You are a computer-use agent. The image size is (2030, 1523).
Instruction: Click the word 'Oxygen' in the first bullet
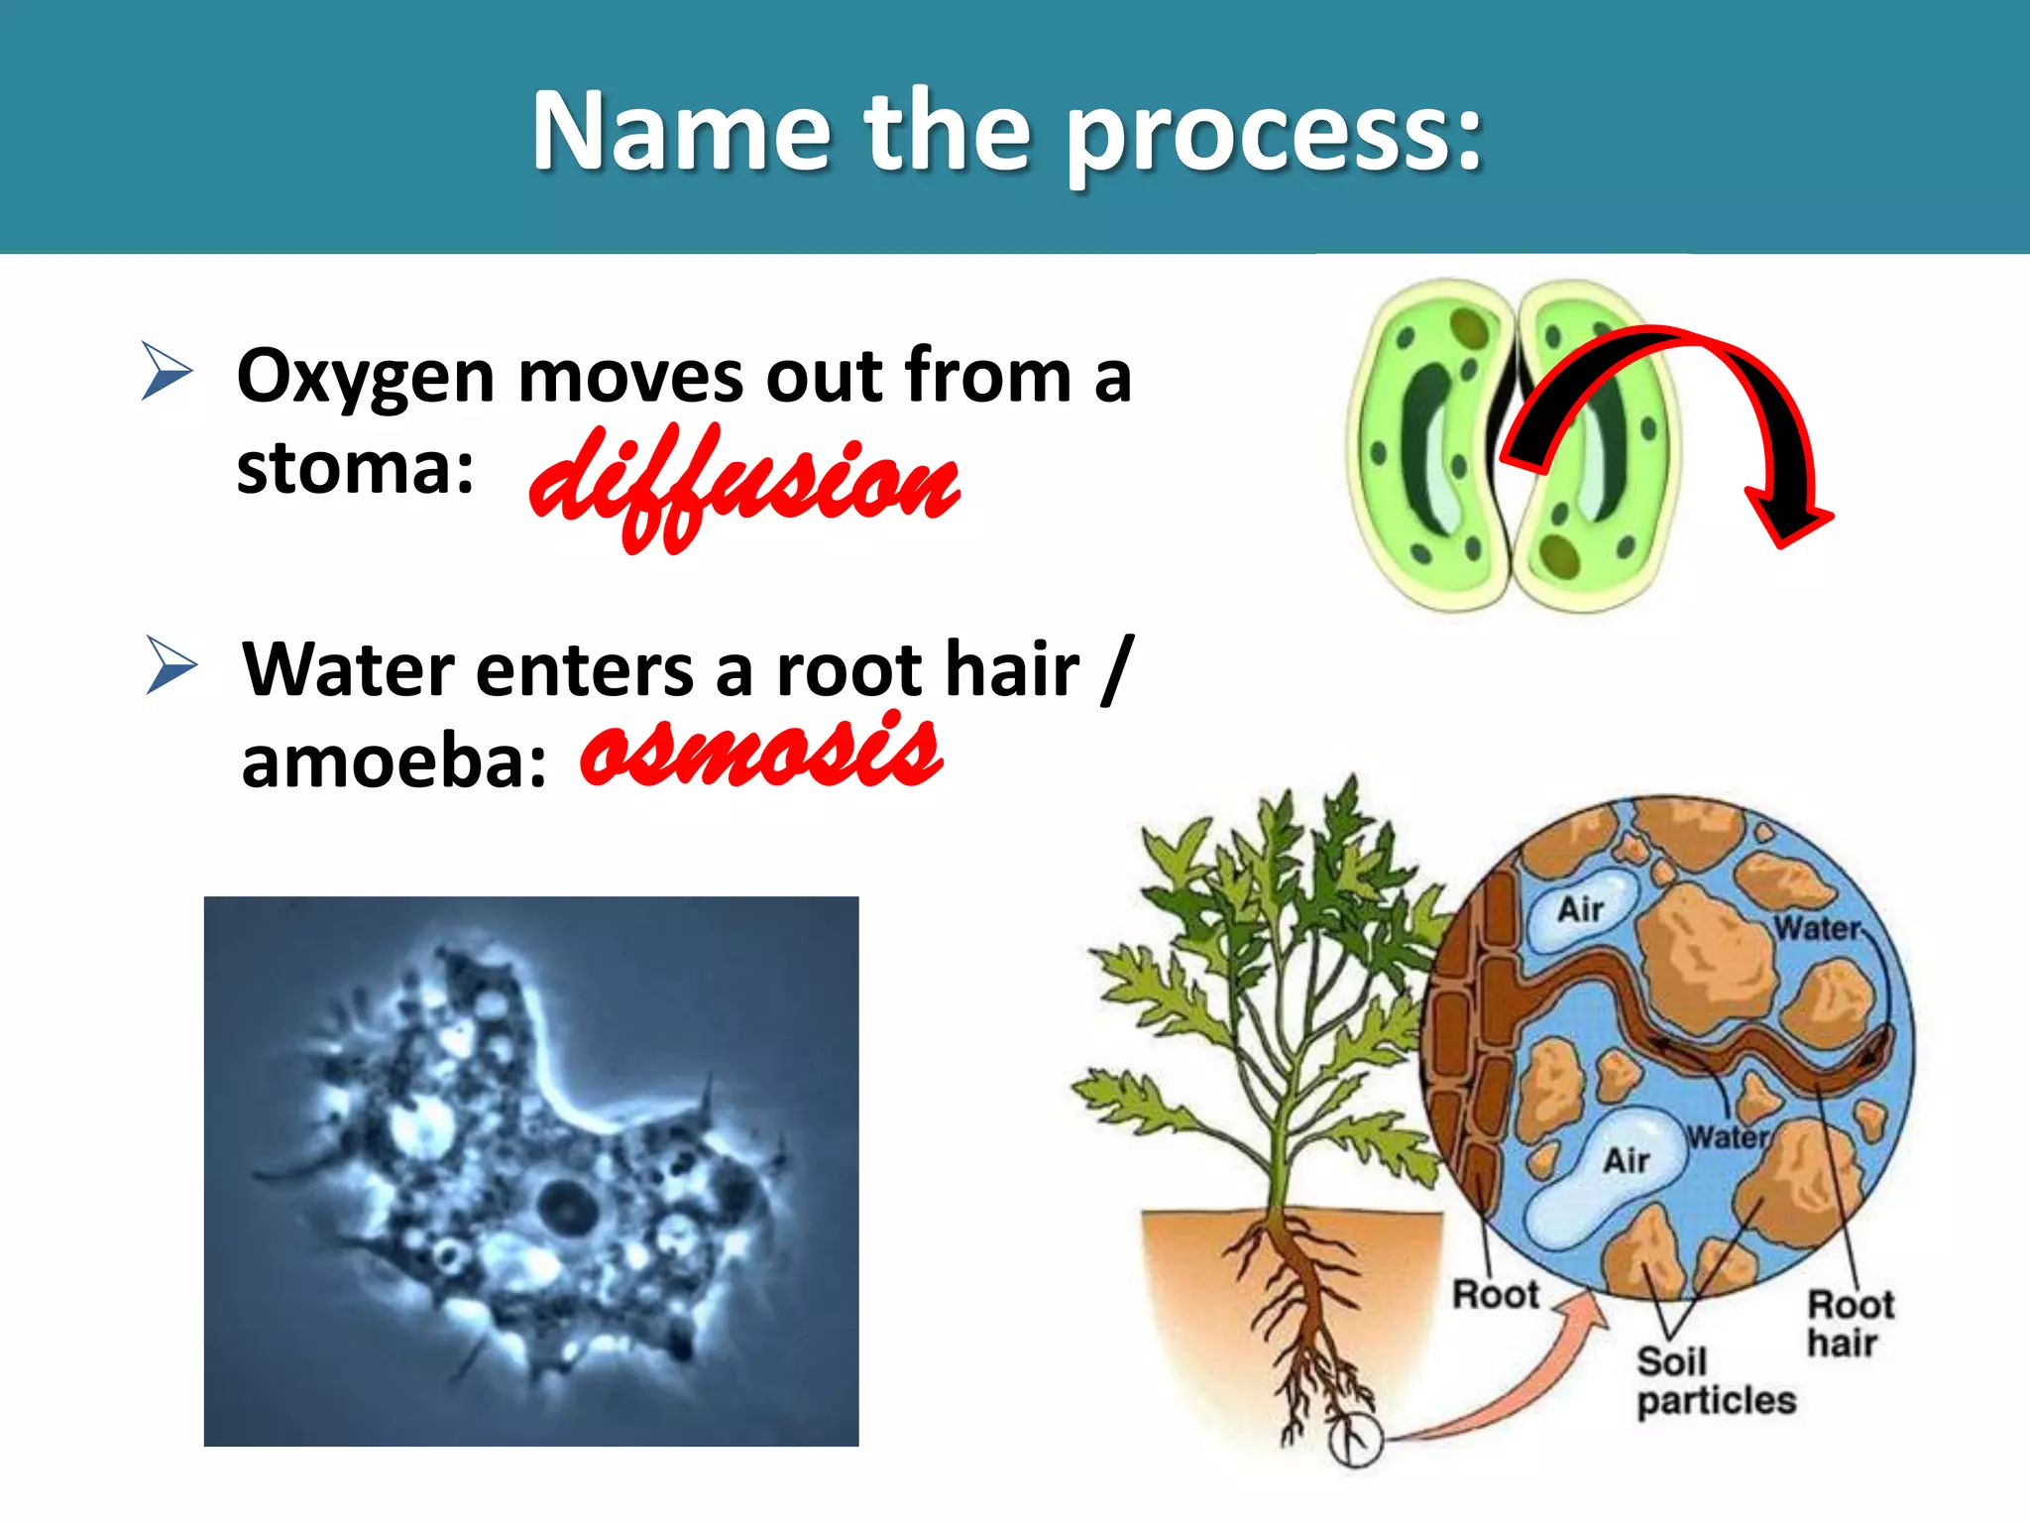(365, 379)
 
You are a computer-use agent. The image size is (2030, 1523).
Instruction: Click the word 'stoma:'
(354, 468)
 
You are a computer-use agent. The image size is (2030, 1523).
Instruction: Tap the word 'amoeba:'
(394, 762)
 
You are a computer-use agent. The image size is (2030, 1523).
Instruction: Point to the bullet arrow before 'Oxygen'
(166, 370)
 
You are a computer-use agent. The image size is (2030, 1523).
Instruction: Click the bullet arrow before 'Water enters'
(170, 664)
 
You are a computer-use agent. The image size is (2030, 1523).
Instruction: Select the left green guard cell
(1427, 446)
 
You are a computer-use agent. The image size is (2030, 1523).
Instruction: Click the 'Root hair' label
(1849, 1323)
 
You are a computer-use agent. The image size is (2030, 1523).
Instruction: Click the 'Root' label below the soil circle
(1494, 1295)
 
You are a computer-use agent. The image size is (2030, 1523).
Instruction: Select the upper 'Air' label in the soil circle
(1580, 908)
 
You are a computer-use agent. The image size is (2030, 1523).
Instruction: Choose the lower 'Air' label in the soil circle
(1626, 1160)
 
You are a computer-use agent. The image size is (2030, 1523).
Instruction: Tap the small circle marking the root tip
(1354, 1440)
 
